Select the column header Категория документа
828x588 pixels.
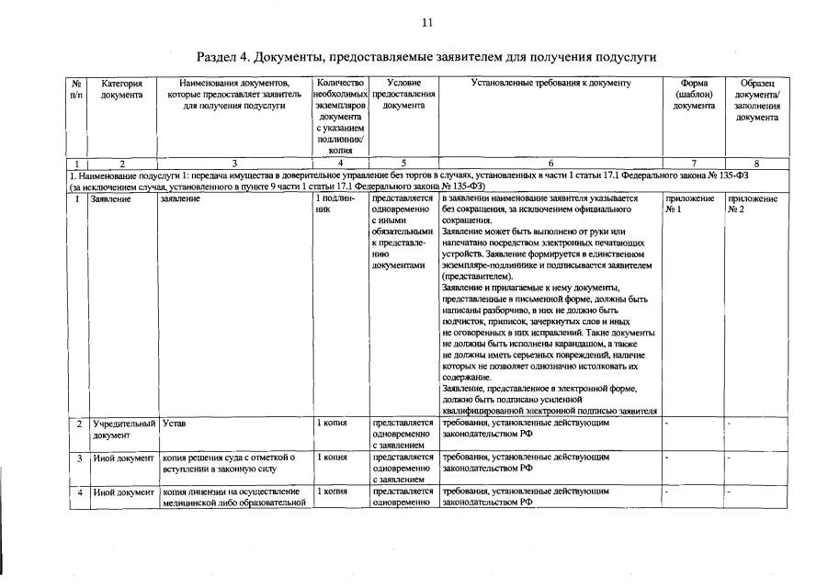click(121, 89)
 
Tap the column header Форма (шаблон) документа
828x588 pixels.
click(694, 95)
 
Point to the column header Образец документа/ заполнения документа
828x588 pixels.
click(757, 100)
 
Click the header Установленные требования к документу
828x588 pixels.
click(550, 84)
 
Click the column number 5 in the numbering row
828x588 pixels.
click(403, 164)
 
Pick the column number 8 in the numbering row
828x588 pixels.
click(757, 164)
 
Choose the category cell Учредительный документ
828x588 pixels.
click(123, 429)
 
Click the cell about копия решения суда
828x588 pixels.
click(228, 462)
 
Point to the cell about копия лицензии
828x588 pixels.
click(233, 496)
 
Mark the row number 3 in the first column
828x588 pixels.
click(79, 458)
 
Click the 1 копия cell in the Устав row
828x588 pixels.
click(331, 424)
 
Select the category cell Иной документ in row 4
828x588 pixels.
click(123, 492)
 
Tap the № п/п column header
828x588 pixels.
click(77, 89)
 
